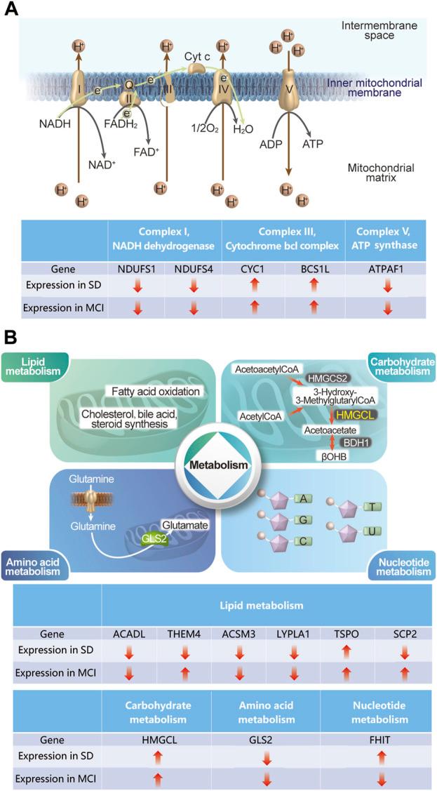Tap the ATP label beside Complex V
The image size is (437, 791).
click(x=313, y=144)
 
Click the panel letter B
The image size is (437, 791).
click(x=12, y=338)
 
